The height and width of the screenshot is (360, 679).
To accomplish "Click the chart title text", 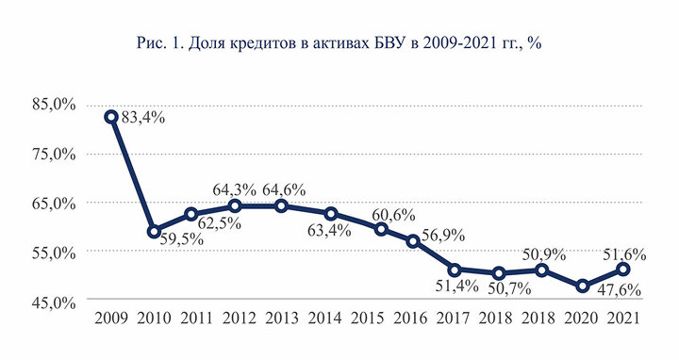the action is tap(339, 43).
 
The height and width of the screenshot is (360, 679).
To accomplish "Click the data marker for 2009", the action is tap(111, 117).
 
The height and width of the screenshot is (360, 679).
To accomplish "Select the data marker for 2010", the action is tap(154, 232).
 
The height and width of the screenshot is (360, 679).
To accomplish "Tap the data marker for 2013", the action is tap(281, 205).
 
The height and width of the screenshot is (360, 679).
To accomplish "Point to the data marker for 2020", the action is tap(583, 286).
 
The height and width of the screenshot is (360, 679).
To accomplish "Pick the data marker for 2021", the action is tap(623, 270).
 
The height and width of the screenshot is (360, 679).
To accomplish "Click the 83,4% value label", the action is tap(143, 117).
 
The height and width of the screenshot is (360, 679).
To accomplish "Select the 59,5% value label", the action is tap(181, 239).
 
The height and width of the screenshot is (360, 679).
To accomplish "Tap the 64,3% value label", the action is tap(234, 189).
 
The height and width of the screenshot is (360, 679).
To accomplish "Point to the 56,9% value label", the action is tap(443, 236).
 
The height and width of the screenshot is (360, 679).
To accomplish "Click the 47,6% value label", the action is tap(620, 290).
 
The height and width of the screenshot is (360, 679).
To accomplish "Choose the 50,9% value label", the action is tap(544, 254).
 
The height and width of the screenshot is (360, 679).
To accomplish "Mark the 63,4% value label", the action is tap(329, 231).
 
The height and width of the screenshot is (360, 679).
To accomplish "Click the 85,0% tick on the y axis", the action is tap(54, 106).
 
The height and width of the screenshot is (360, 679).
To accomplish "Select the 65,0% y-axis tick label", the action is tap(54, 203).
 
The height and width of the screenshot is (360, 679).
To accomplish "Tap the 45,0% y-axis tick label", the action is tap(54, 303).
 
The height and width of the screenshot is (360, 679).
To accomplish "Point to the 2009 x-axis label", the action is tap(111, 319).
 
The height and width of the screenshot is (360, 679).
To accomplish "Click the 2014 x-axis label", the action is tap(324, 319).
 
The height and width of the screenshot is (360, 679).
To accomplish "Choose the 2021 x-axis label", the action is tap(623, 319).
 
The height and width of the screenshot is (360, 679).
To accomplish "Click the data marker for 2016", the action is tap(413, 241).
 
